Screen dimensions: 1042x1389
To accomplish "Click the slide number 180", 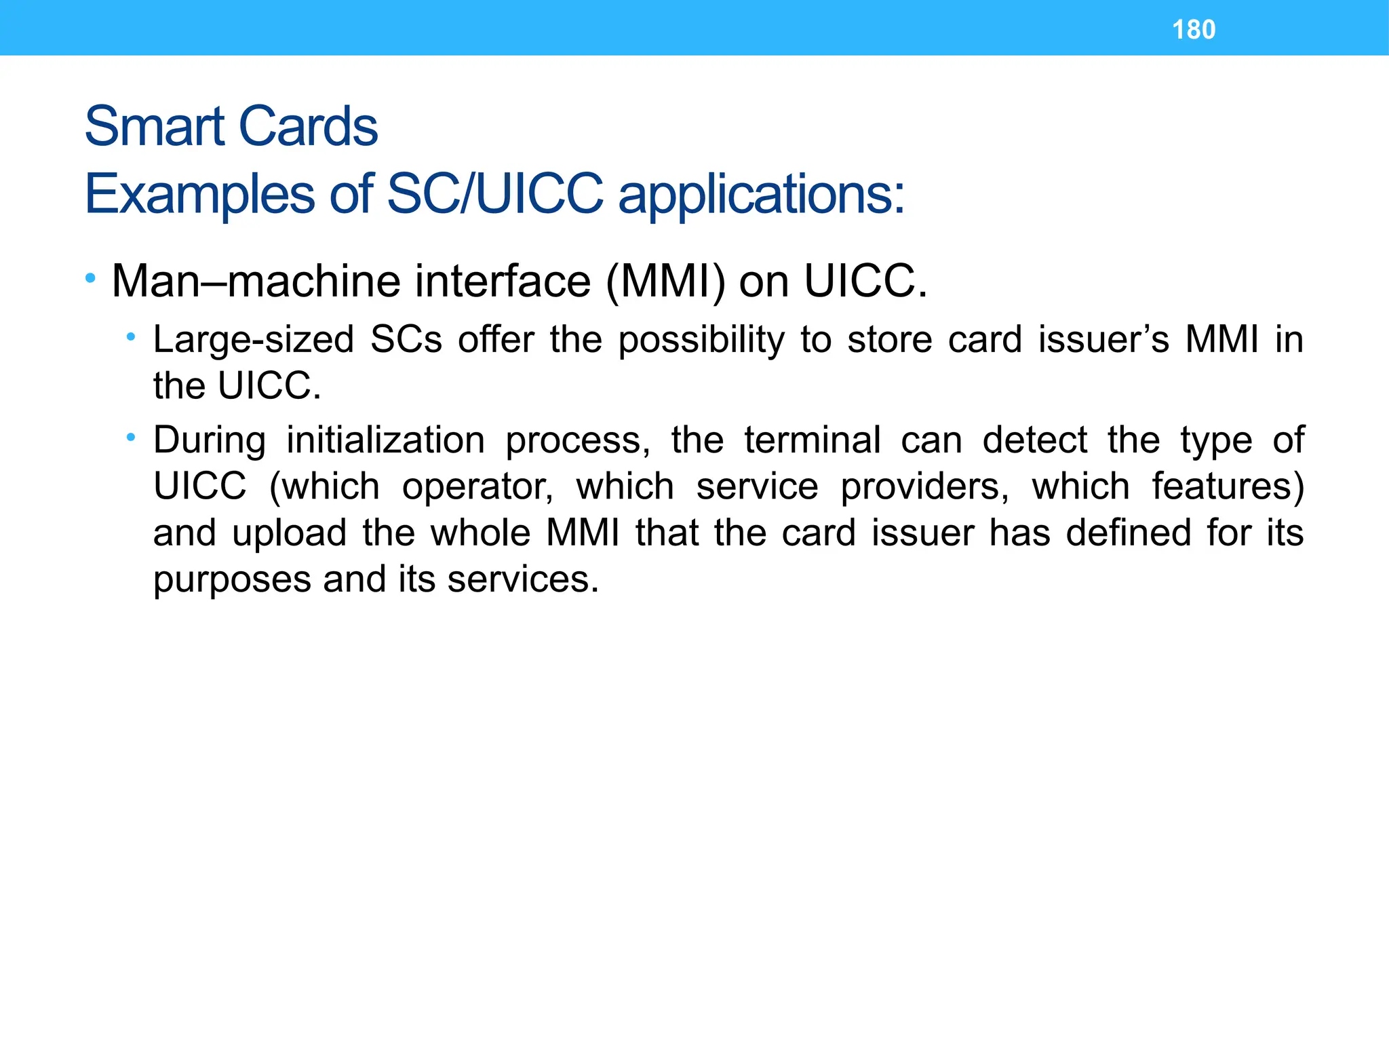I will tap(1194, 30).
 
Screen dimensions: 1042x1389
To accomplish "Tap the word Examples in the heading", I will tap(199, 195).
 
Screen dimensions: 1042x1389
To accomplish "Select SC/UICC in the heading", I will tap(494, 193).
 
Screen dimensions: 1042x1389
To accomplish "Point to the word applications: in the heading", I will tap(761, 195).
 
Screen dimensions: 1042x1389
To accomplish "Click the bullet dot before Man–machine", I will tap(90, 278).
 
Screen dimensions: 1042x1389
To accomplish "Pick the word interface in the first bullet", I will tap(503, 281).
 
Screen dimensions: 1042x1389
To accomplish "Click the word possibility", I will tap(701, 340).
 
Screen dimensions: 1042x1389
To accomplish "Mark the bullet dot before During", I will tap(131, 438).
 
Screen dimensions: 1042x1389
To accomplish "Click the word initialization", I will tap(385, 440).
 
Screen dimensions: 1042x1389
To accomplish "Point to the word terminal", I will tap(813, 440).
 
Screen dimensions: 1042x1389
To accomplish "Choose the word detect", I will tap(1034, 440).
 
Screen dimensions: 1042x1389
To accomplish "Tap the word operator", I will tap(477, 487).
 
